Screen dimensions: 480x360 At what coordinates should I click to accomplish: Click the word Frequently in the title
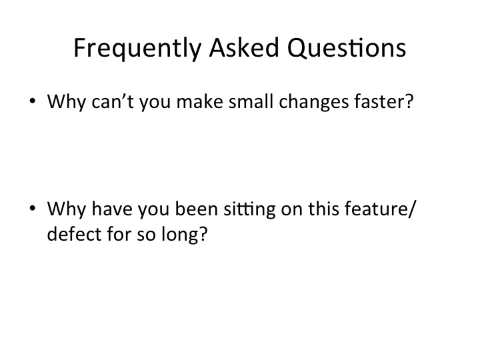click(x=137, y=49)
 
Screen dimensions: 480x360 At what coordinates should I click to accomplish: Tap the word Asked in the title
click(x=244, y=47)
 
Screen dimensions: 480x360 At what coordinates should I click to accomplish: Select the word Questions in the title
click(x=347, y=48)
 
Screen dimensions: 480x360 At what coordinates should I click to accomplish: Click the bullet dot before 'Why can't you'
click(x=33, y=101)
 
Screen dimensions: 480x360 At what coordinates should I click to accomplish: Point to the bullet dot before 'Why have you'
click(x=33, y=208)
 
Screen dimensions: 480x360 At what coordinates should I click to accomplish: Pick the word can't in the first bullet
click(x=113, y=101)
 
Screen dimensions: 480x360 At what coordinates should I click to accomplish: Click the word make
click(x=200, y=101)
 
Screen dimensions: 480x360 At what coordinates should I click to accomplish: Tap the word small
click(x=251, y=101)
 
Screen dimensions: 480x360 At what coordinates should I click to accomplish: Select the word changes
click(x=314, y=103)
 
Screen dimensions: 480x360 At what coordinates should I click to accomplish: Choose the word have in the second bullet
click(x=112, y=209)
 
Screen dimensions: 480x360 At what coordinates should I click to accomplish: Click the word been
click(x=196, y=209)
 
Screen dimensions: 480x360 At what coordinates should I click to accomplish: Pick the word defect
click(x=74, y=234)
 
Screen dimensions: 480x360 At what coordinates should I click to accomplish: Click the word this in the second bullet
click(x=323, y=209)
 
